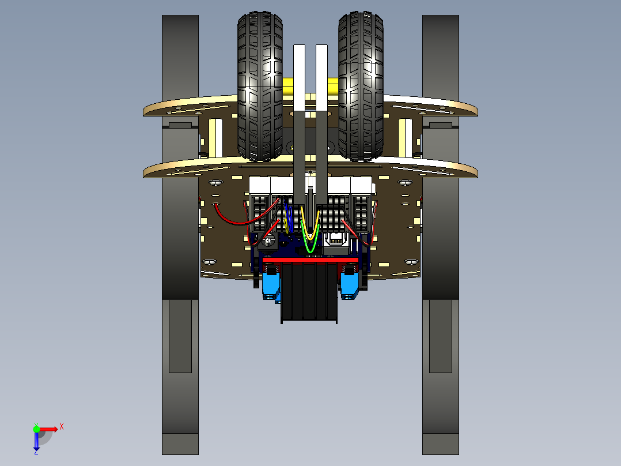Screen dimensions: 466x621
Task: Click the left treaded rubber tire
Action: [x=260, y=87]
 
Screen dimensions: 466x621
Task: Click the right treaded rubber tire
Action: [x=361, y=87]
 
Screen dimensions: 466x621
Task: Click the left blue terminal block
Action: [x=271, y=285]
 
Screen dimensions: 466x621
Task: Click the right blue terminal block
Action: [x=350, y=285]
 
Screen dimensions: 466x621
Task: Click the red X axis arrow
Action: [x=52, y=429]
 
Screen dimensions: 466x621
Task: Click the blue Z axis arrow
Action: [x=36, y=442]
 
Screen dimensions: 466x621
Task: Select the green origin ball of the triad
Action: [x=37, y=429]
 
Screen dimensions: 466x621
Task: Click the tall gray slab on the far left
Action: [x=180, y=231]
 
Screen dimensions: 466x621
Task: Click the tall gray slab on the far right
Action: [x=441, y=231]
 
